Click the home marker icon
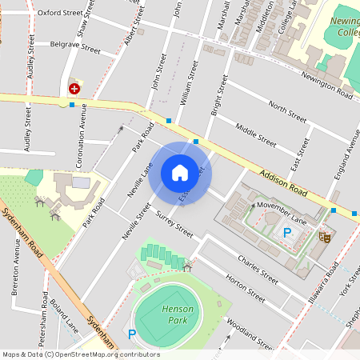pos(180,172)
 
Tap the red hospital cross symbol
pos(74,89)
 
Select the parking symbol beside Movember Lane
pos(287,233)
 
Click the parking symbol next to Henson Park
pos(132,334)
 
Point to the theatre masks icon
pos(326,236)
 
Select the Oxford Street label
pos(60,14)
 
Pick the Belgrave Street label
pos(74,48)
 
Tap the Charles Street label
pos(258,269)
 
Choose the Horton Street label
pos(245,288)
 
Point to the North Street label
pos(287,112)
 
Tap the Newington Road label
pos(327,85)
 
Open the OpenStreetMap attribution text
pos(80,354)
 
